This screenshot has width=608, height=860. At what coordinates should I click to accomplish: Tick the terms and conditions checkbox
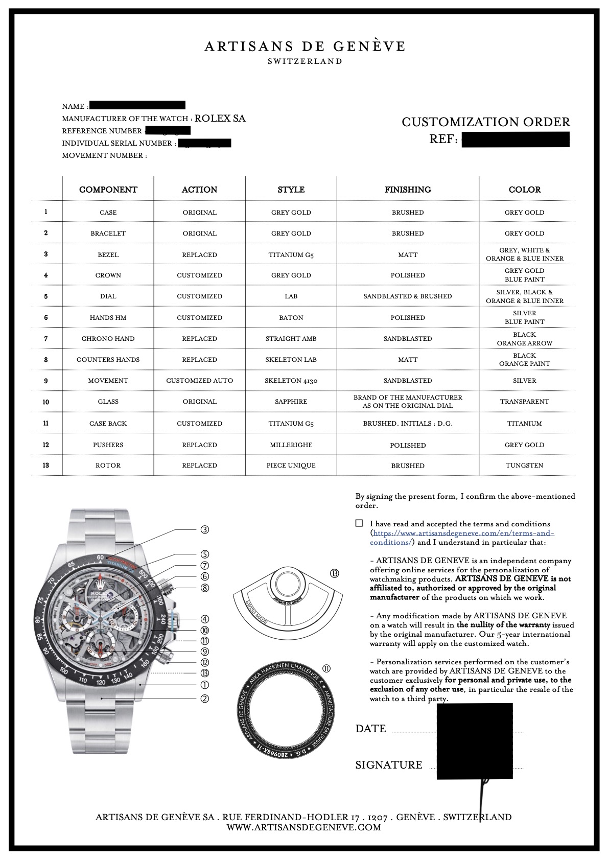(x=359, y=523)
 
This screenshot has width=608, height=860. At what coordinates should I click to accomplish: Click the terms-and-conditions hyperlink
(x=462, y=533)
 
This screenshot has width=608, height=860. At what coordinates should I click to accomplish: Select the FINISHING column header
(x=408, y=190)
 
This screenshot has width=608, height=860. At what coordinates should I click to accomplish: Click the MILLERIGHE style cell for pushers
(x=291, y=445)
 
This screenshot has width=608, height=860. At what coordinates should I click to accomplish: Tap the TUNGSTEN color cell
(x=524, y=466)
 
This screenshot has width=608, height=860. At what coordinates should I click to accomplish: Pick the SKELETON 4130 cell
(x=291, y=381)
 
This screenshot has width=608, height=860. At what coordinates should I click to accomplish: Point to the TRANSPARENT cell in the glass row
(x=524, y=402)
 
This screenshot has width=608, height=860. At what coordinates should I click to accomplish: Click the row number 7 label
(x=46, y=339)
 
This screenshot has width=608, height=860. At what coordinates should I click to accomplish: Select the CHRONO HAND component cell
(x=108, y=339)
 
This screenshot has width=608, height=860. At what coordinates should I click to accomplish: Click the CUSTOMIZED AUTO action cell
(x=199, y=381)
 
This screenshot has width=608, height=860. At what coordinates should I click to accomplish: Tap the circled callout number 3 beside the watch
(x=204, y=530)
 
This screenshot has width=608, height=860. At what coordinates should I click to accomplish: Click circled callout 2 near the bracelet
(x=204, y=699)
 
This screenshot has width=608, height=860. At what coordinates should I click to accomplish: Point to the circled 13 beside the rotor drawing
(x=335, y=574)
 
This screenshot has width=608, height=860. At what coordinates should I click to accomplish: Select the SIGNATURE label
(x=389, y=765)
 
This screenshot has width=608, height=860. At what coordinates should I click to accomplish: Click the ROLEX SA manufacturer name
(x=220, y=119)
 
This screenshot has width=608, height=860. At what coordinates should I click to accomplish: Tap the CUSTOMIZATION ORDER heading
(x=485, y=122)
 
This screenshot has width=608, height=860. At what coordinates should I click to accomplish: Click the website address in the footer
(x=303, y=827)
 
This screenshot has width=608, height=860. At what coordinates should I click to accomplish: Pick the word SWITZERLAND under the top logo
(x=305, y=61)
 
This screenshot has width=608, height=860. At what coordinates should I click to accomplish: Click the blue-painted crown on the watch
(x=175, y=620)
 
